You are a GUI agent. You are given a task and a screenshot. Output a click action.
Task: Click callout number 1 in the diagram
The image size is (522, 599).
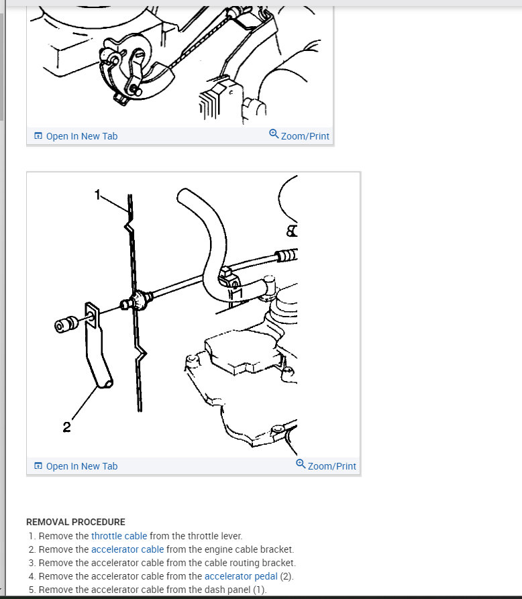97,195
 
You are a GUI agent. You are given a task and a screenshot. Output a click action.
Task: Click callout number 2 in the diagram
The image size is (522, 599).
67,427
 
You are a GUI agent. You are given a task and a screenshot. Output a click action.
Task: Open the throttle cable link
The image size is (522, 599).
119,536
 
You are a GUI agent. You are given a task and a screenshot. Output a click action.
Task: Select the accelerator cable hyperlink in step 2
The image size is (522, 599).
127,549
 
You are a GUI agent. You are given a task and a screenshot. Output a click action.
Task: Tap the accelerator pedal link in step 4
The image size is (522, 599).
241,576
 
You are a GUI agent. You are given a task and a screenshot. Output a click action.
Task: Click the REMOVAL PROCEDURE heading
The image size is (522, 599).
76,523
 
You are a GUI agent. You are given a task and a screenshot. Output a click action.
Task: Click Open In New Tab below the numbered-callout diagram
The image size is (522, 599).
82,466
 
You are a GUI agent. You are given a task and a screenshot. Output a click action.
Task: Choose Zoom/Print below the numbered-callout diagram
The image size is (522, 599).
331,466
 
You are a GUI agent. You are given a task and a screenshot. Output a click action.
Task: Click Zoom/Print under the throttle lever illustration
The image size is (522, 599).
305,136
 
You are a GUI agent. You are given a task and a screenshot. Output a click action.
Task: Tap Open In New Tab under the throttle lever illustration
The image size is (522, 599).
82,136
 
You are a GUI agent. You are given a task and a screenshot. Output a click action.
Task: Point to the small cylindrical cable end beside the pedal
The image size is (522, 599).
66,325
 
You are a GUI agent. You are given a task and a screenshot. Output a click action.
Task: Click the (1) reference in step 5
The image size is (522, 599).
259,590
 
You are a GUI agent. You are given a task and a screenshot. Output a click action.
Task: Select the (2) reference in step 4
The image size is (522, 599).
286,576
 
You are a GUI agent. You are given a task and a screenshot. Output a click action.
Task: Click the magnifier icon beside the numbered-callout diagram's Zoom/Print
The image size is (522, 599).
301,464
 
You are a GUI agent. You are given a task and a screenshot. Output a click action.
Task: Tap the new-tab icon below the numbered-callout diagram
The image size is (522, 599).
38,466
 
